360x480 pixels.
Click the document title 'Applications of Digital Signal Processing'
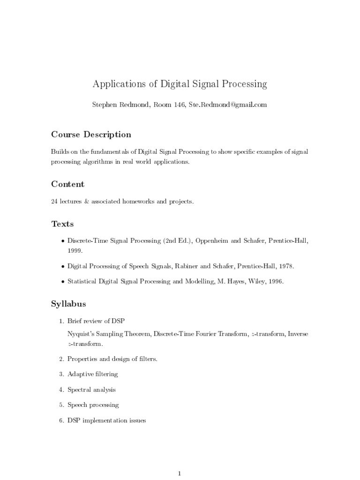[180, 84]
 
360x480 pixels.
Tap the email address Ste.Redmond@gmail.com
[227, 105]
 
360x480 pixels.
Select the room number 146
[180, 105]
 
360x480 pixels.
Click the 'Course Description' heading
[91, 135]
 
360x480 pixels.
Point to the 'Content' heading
[67, 184]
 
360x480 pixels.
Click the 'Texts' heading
[62, 224]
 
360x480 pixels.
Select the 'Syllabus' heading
[68, 304]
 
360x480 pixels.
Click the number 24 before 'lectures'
[54, 202]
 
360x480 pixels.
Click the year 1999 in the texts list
[75, 251]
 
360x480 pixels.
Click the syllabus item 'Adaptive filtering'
[92, 374]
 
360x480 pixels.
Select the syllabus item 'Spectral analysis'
[91, 390]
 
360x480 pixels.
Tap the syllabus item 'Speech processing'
[93, 405]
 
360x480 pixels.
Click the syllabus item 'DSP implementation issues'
[106, 420]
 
